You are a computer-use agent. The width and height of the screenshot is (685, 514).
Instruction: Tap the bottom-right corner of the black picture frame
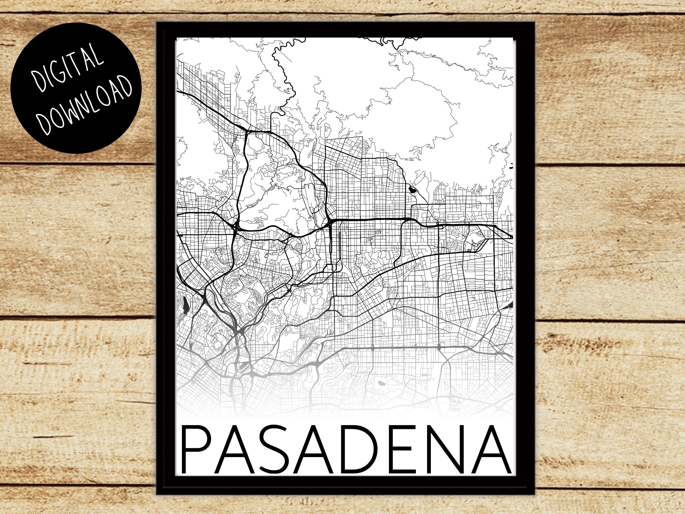click(535, 495)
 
